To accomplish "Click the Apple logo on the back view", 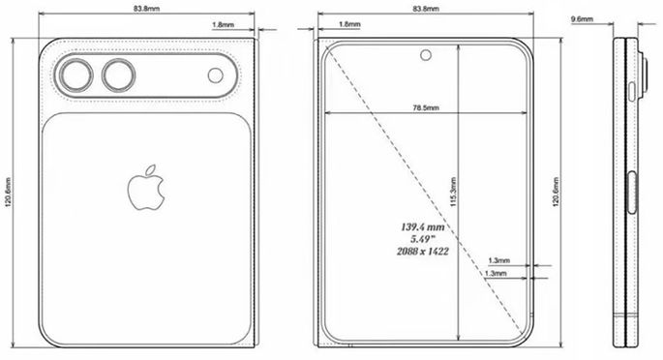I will coord(142,189).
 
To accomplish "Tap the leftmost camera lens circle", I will coord(74,75).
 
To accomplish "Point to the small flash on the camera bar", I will coord(213,75).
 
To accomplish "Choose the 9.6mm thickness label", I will coord(583,18).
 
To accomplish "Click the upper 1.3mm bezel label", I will coord(499,261).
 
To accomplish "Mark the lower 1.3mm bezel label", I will coord(499,275).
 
